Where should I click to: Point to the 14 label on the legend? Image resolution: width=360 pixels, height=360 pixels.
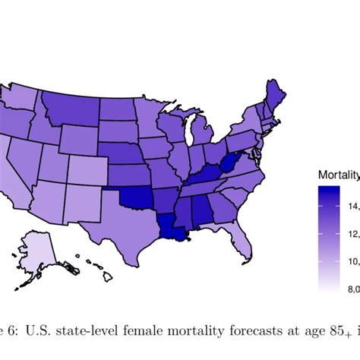tap(353, 206)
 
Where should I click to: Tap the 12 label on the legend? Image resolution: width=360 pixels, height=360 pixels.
tap(353, 234)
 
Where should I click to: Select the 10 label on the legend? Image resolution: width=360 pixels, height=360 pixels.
tap(353, 261)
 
